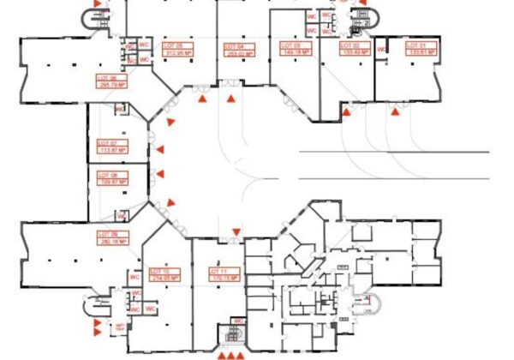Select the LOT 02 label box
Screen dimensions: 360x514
(x=354, y=48)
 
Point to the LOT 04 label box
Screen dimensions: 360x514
(x=239, y=49)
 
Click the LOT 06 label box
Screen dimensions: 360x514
(x=111, y=81)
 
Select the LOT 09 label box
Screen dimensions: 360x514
(x=112, y=237)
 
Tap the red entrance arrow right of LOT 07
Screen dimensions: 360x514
(x=159, y=151)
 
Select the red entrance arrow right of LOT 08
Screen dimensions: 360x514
(x=159, y=174)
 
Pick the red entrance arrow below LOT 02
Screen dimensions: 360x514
(x=346, y=111)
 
